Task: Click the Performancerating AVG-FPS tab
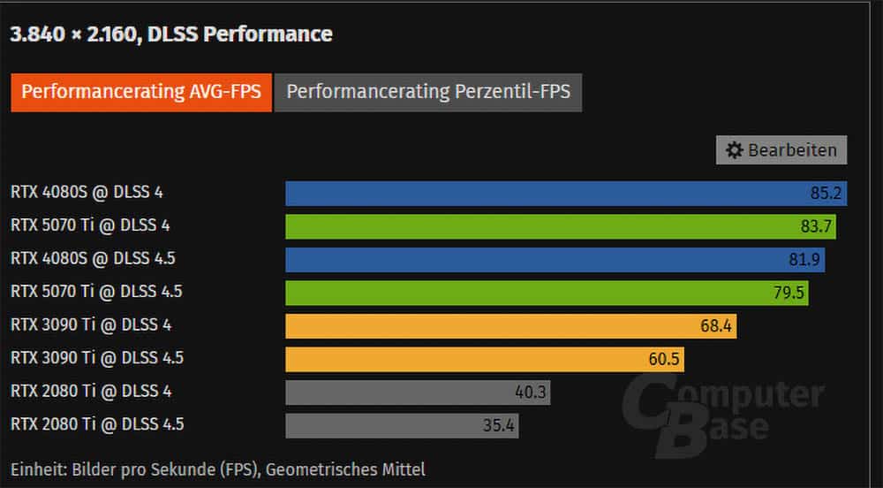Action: [x=141, y=92]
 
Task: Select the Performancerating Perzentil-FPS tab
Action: [x=428, y=92]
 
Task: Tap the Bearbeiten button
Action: [x=781, y=150]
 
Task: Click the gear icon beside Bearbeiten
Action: [x=734, y=150]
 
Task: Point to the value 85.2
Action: [x=827, y=193]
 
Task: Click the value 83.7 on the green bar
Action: [x=817, y=226]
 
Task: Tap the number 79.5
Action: [x=789, y=293]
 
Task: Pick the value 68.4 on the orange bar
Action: [x=717, y=325]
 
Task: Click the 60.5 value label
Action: [x=665, y=359]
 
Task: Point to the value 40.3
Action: [x=531, y=392]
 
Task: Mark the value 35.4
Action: [x=499, y=425]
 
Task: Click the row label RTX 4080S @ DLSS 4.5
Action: [x=99, y=258]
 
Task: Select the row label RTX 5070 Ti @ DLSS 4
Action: [x=90, y=225]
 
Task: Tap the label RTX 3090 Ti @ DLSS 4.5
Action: [x=97, y=357]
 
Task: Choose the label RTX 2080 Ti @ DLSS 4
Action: [x=90, y=391]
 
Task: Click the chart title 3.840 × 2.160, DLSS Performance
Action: [x=171, y=34]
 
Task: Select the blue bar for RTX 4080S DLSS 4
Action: [x=530, y=193]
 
